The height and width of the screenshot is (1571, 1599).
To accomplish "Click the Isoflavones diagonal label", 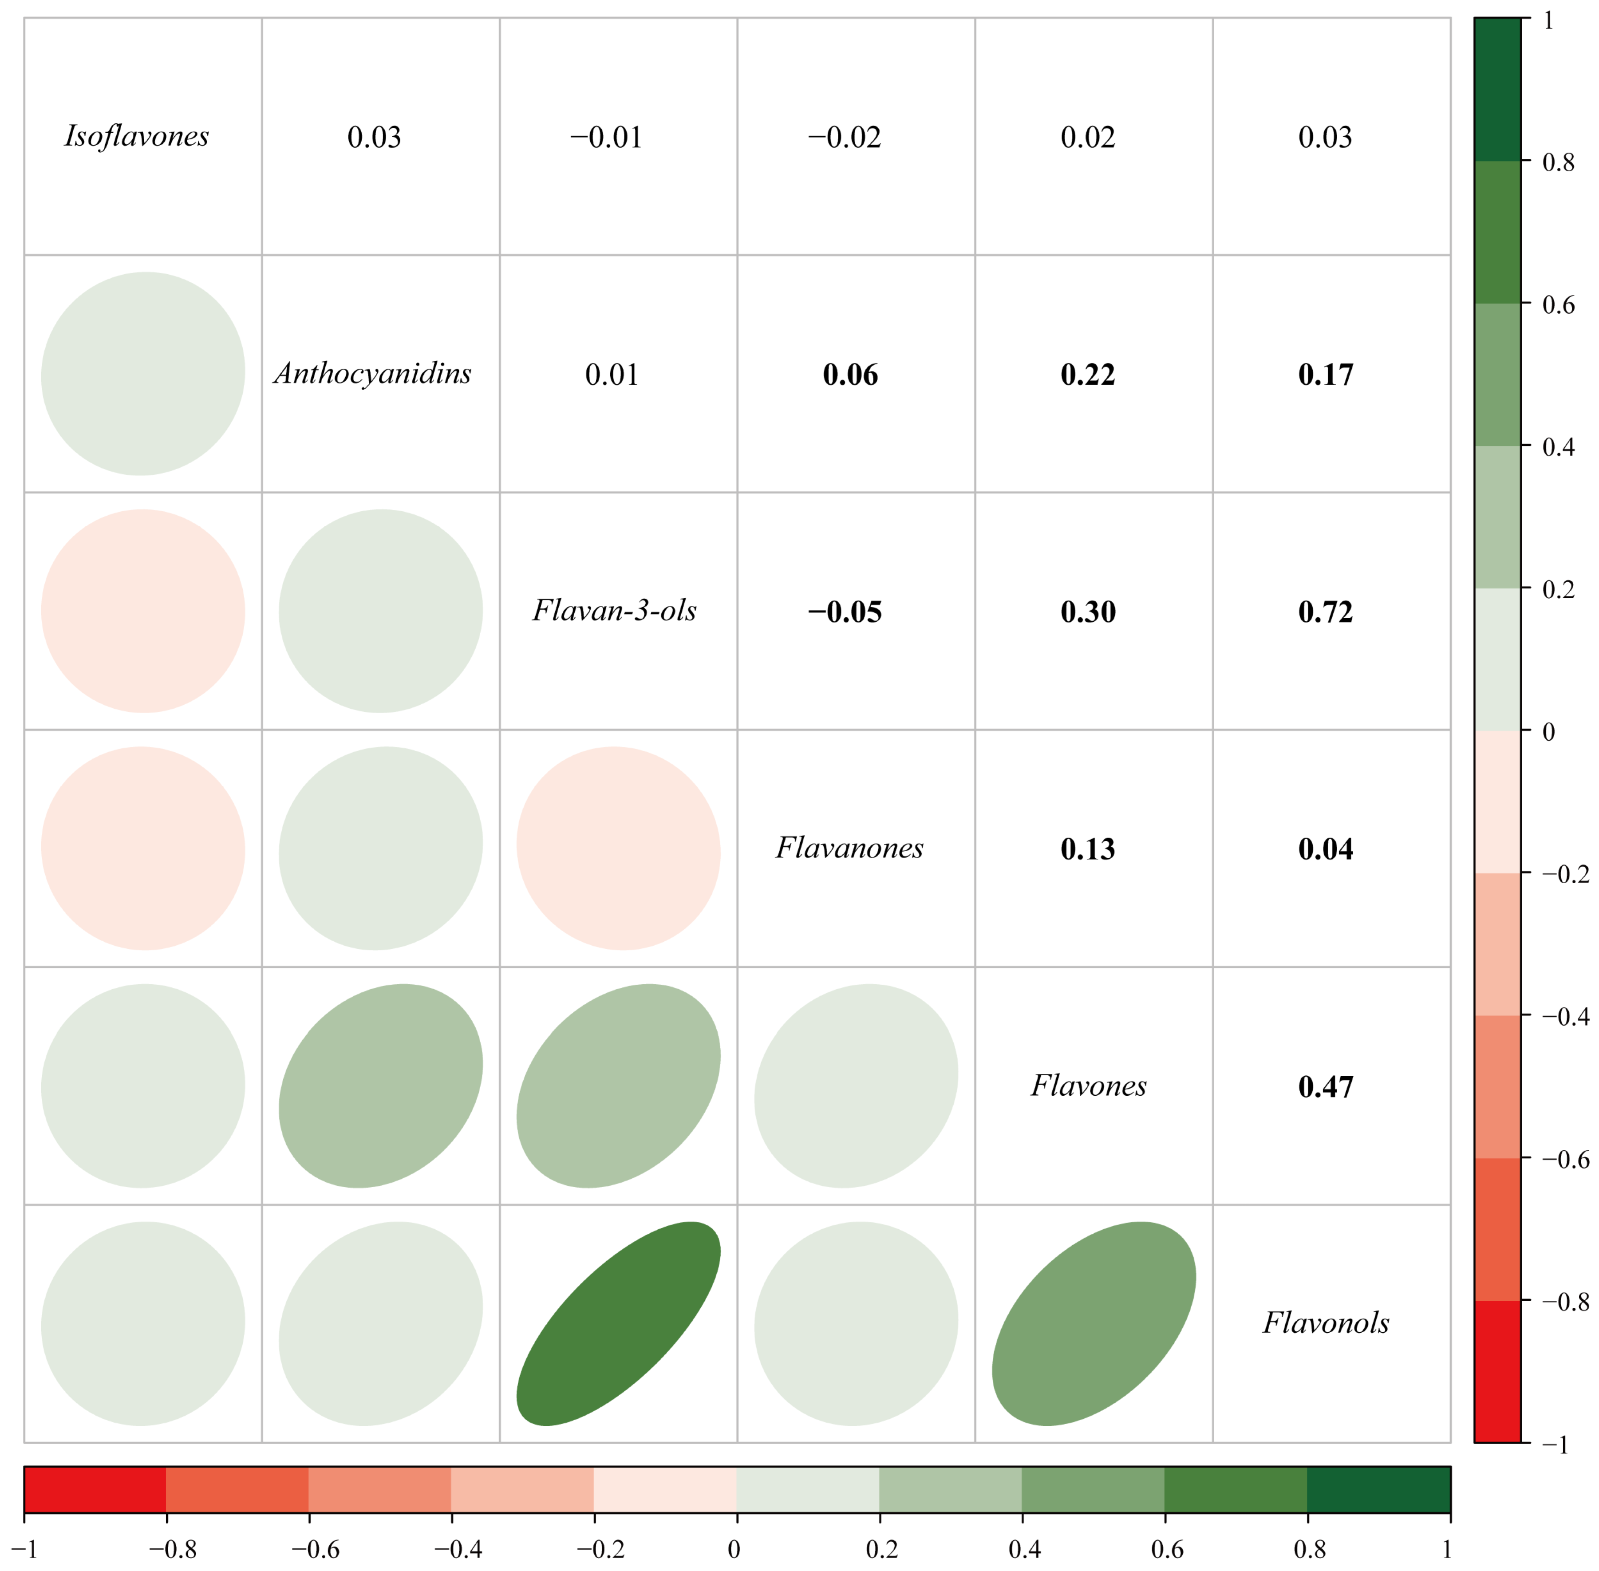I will [137, 136].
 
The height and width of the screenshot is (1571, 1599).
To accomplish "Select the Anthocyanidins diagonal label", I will [373, 374].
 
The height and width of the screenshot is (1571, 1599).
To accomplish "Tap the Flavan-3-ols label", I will [615, 611].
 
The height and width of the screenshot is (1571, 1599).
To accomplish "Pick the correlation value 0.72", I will [1325, 612].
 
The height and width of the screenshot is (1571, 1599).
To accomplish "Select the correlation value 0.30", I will [1087, 612].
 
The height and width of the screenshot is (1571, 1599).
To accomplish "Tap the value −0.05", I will [845, 612].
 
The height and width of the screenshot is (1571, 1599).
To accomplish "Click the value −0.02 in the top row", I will [845, 137].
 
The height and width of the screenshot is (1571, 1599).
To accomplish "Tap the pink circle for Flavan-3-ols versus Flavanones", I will [618, 848].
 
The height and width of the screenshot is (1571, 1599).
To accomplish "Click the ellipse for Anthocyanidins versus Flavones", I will [380, 1086].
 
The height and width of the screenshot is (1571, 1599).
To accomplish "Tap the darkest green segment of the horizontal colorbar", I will [1378, 1489].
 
